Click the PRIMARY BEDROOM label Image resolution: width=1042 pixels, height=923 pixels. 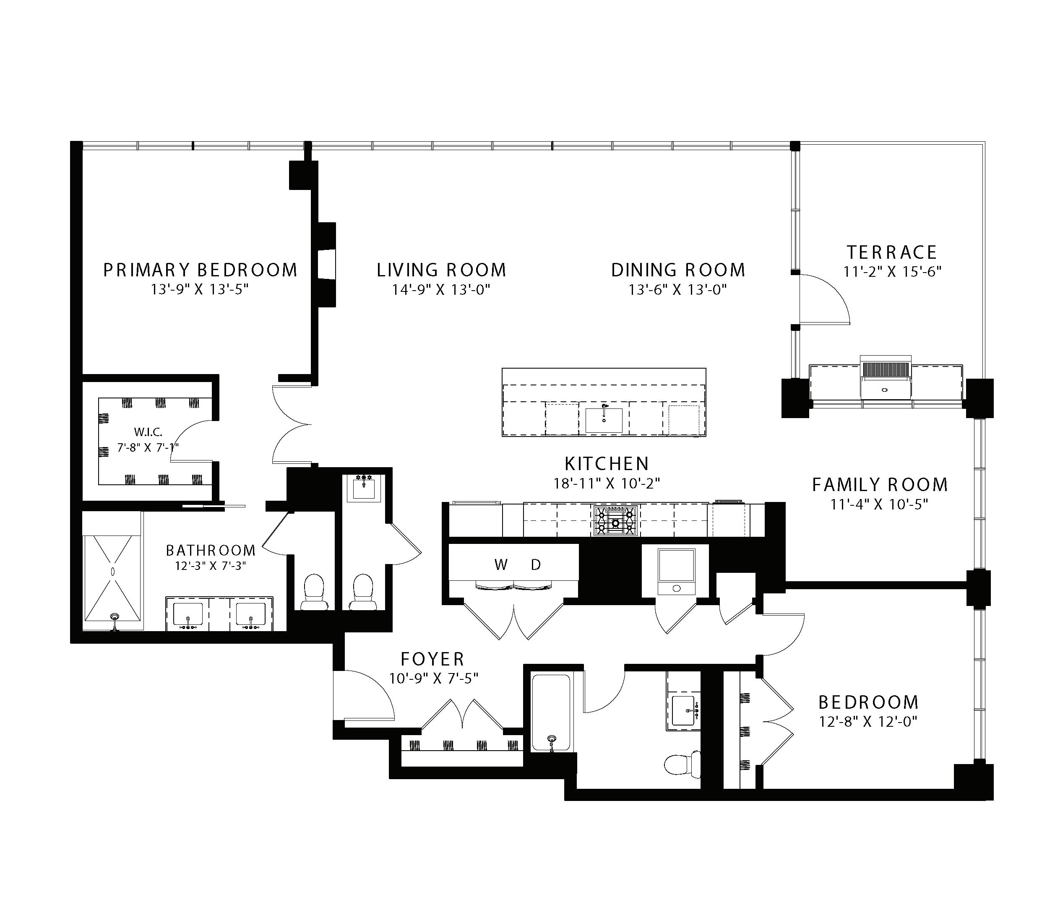(x=201, y=270)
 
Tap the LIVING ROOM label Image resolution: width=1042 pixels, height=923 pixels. (x=441, y=270)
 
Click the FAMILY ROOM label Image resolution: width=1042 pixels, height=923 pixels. (x=880, y=485)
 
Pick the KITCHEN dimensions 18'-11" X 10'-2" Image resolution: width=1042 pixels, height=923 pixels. (x=607, y=483)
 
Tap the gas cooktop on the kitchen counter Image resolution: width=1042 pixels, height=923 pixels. (x=615, y=520)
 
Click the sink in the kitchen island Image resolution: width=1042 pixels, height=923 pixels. (x=604, y=420)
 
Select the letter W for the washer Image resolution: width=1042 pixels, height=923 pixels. (x=501, y=565)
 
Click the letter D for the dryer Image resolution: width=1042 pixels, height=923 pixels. (x=536, y=565)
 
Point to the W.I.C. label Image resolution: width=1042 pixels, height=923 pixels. (x=148, y=432)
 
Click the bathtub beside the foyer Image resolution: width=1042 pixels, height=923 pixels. (x=551, y=712)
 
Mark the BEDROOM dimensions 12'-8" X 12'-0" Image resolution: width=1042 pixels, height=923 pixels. (x=868, y=722)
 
